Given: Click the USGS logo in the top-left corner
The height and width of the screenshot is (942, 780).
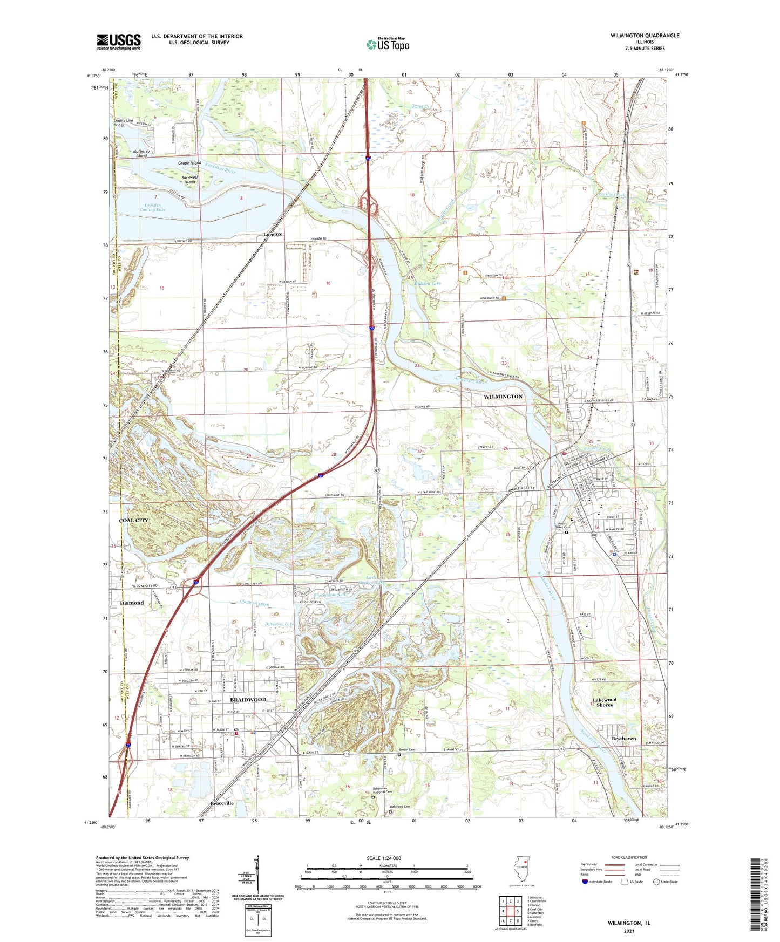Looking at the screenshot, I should point(119,42).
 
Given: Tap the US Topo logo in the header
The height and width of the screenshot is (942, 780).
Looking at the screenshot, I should point(388,44).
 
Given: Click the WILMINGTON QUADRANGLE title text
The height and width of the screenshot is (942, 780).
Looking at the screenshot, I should point(637,36).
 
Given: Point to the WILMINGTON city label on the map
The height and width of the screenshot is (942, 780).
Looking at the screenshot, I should point(503,397).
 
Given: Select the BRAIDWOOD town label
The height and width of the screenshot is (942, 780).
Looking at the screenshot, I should point(248,699).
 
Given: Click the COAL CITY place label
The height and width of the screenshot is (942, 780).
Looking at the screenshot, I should point(133,521).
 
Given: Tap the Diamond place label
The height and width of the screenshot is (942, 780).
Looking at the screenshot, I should point(132,603).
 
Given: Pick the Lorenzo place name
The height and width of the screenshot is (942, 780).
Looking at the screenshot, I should point(273,234).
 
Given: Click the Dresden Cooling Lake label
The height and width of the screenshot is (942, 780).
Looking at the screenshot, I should point(153,207).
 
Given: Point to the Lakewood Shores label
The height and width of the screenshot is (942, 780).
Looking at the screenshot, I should point(605,702).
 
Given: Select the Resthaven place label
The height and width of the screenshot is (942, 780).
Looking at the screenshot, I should point(624,739).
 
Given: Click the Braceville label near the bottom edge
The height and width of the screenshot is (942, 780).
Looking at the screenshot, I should point(222,803).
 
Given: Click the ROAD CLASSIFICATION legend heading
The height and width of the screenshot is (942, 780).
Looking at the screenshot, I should point(629,857).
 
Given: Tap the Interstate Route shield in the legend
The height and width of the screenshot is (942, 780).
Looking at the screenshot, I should point(585,882).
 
